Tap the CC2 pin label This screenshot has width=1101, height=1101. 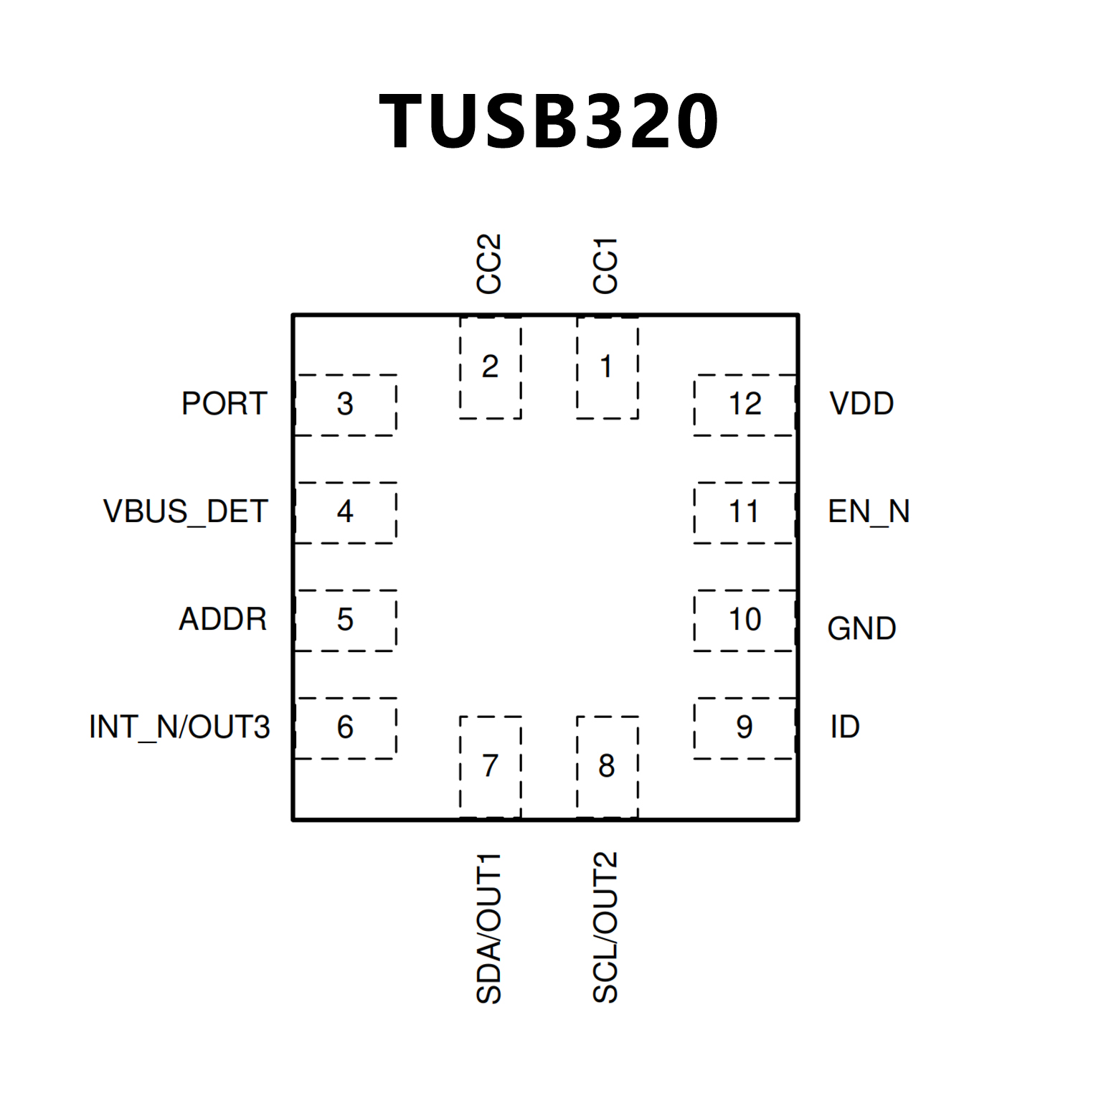tap(489, 263)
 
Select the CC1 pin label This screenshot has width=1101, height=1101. tap(605, 265)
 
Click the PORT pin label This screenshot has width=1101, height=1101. tap(225, 404)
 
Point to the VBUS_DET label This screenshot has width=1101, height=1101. tap(185, 511)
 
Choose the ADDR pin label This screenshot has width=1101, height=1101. tap(222, 619)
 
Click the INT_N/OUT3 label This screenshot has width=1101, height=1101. tap(179, 727)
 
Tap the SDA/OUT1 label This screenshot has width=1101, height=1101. tap(489, 928)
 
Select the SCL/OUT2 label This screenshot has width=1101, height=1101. tap(605, 927)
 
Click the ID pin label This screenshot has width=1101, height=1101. tap(845, 727)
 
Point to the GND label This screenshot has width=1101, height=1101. tap(861, 629)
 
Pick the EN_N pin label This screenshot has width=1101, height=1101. tap(869, 511)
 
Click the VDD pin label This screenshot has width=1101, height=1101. tap(861, 404)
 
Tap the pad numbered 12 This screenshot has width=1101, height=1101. tap(745, 405)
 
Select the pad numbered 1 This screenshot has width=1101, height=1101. tap(607, 367)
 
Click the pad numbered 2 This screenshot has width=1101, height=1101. tap(490, 367)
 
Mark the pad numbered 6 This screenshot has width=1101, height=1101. tap(345, 728)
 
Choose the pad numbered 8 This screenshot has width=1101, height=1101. tap(607, 766)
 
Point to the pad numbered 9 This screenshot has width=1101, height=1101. tap(745, 728)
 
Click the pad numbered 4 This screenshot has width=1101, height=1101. tap(345, 512)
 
